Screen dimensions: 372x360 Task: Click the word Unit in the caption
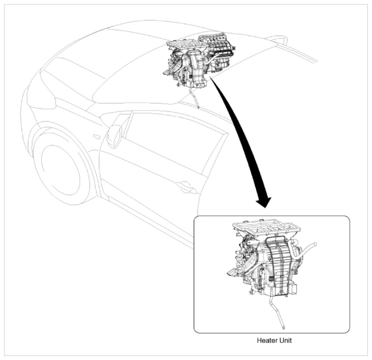coord(285,340)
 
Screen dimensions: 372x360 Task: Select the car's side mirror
coord(114,135)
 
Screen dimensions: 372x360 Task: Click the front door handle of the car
coord(187,187)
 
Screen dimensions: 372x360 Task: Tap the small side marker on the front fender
coord(97,137)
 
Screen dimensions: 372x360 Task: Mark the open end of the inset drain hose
coord(283,328)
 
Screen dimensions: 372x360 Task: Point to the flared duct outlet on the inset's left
coord(235,272)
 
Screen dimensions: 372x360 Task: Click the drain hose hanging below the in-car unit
coord(194,98)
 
